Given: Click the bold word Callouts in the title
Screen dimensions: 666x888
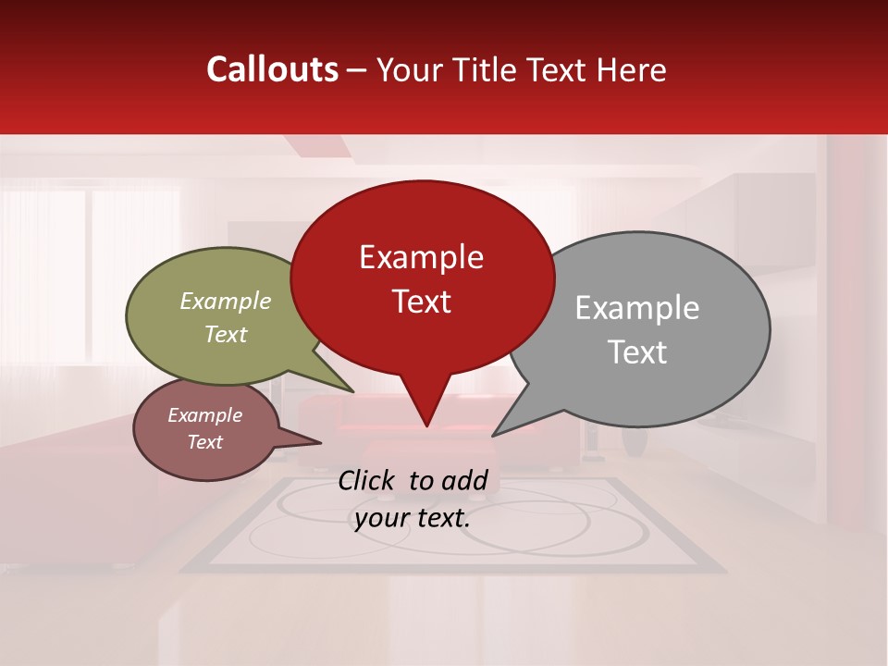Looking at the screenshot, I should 273,69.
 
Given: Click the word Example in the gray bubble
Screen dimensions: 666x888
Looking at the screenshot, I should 637,308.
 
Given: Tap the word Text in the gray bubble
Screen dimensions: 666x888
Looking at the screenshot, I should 637,351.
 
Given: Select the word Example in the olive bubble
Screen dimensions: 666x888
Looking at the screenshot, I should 226,301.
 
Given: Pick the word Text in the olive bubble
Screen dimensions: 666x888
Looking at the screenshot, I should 226,334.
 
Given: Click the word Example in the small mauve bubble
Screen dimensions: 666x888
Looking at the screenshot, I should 205,415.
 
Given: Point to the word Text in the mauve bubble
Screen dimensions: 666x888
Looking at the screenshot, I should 205,442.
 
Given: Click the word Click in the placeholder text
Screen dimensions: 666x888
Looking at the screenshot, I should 369,480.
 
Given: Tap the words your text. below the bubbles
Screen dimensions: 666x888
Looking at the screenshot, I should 413,518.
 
